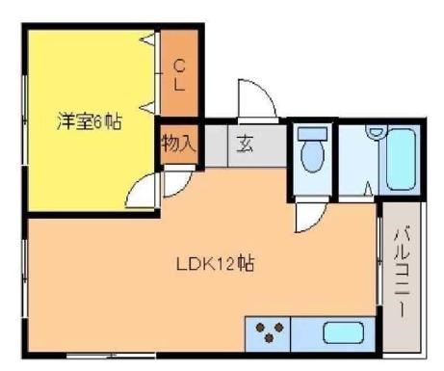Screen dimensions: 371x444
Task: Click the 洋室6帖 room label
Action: point(88,123)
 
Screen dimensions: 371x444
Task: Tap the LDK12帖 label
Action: point(214,263)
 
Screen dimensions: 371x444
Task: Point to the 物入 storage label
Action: point(178,146)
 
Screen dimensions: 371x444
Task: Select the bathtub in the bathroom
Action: point(400,156)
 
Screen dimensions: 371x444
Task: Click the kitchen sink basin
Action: point(341,334)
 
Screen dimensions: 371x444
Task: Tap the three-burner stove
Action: point(269,334)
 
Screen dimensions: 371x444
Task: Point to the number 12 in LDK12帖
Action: point(222,263)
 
